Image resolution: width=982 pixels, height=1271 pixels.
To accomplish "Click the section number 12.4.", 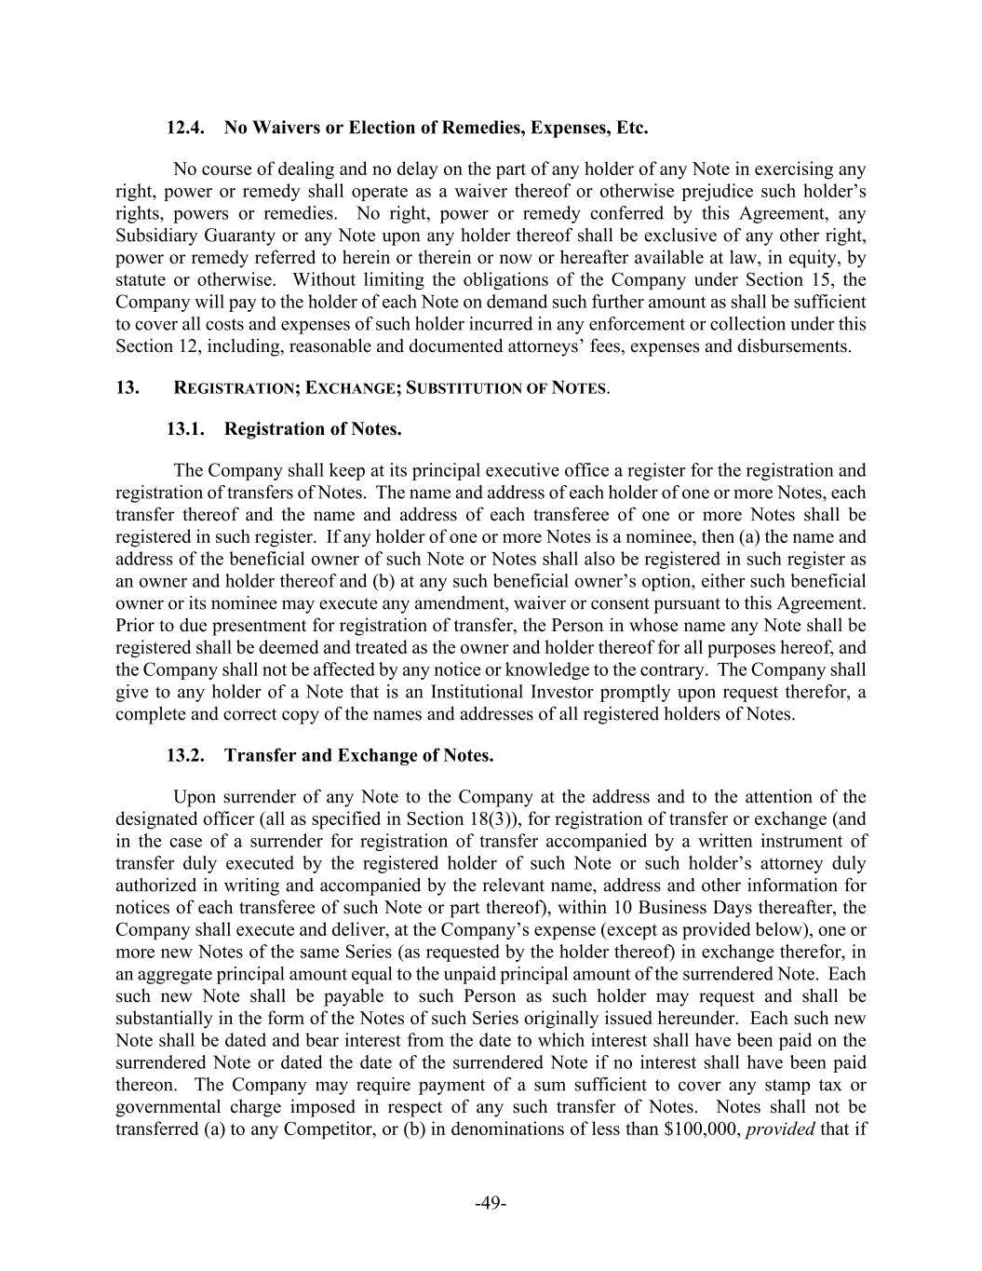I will [x=185, y=128].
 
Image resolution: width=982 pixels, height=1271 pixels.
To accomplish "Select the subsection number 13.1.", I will [x=185, y=429].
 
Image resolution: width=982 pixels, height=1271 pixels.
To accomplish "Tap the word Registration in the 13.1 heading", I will [x=271, y=429].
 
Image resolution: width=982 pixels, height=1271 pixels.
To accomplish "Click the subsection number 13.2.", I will [x=185, y=755].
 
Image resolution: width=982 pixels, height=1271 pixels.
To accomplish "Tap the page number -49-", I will [x=491, y=1204].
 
